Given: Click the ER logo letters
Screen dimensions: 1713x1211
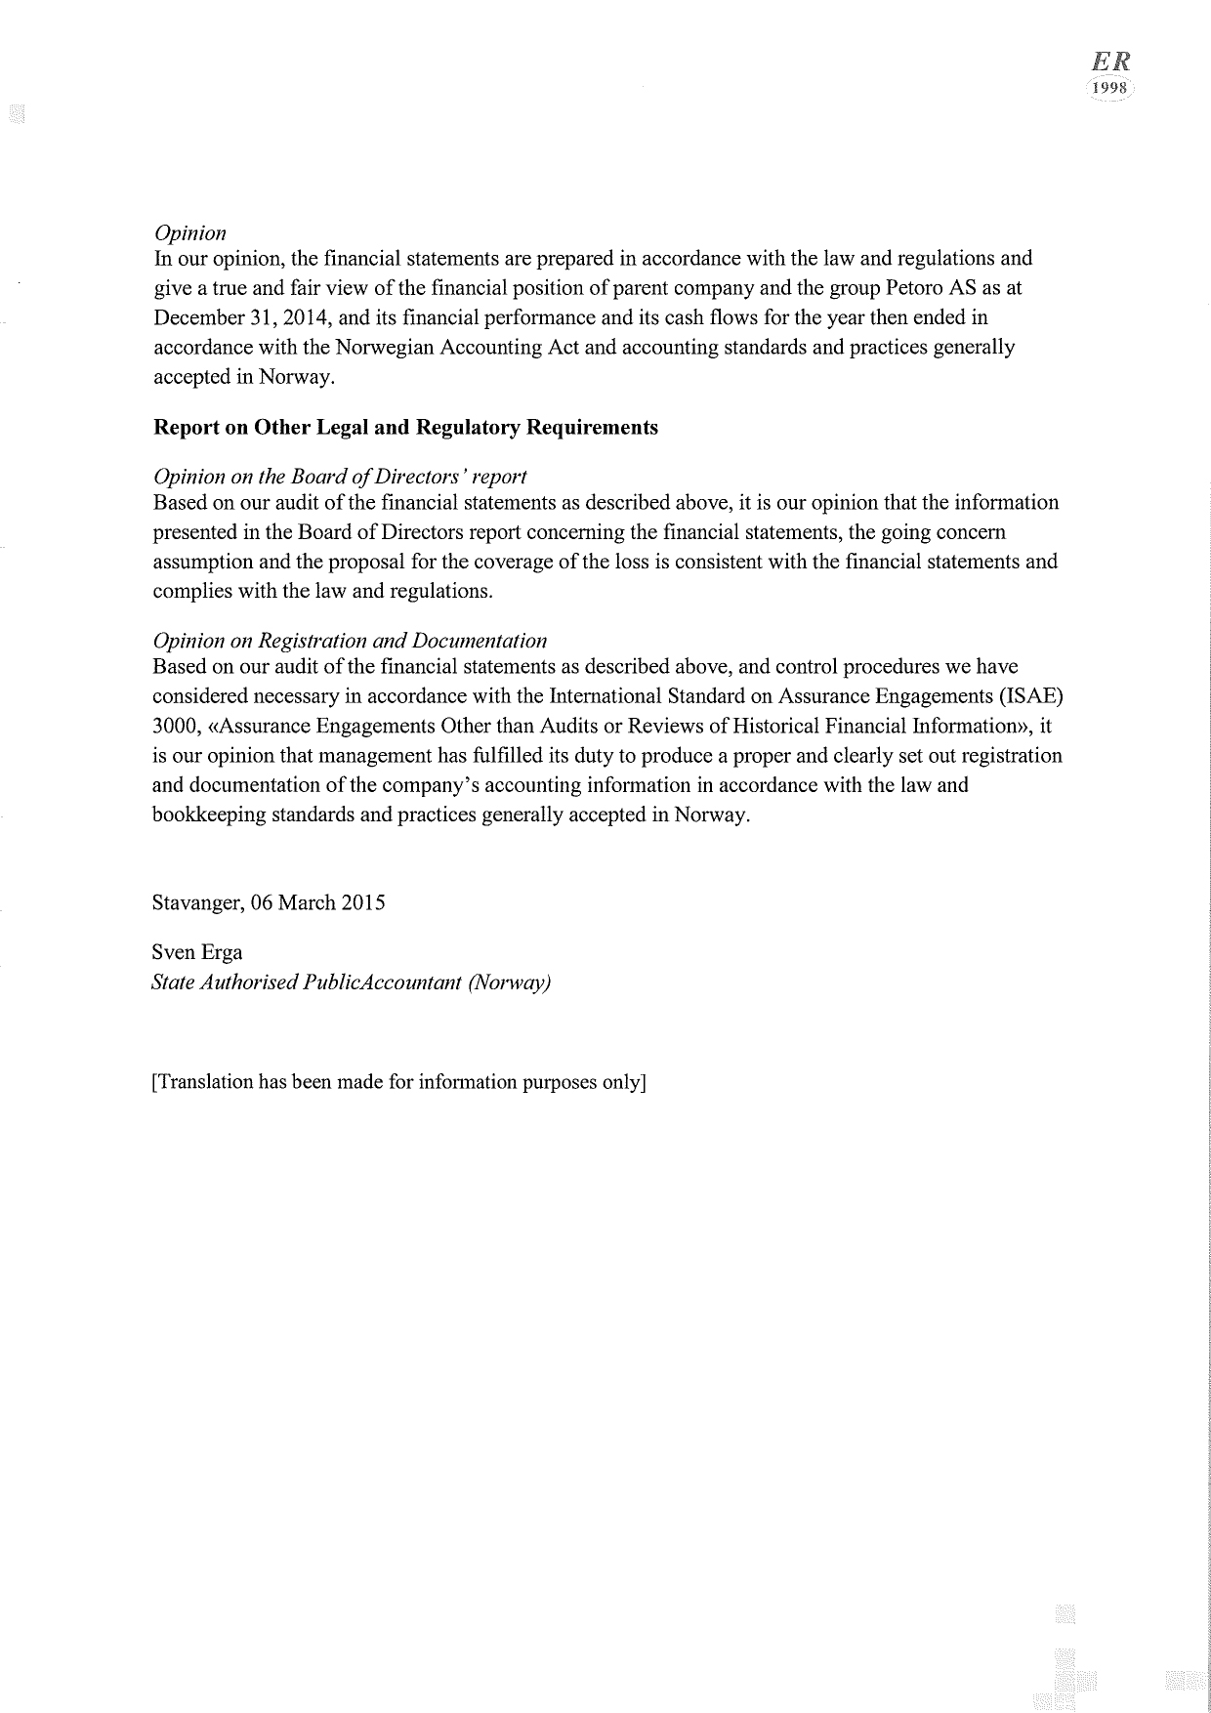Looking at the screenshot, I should (1110, 61).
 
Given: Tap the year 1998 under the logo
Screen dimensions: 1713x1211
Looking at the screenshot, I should (1110, 88).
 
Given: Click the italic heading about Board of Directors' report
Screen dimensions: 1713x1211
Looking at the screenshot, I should (340, 477).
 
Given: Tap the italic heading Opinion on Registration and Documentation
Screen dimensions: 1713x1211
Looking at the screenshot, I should (350, 641).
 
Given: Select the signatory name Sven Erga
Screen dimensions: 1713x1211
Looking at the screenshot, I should (197, 952).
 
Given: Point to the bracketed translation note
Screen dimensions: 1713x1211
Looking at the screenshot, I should (399, 1082).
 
